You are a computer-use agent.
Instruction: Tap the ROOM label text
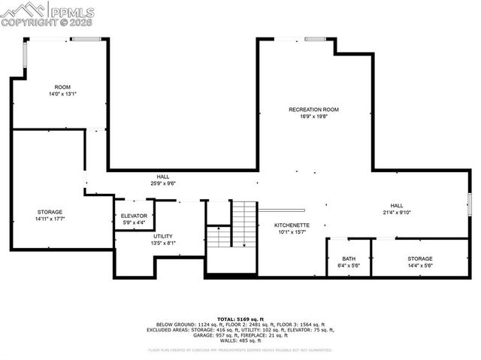tap(62, 87)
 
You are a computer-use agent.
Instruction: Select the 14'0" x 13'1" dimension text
tap(62, 94)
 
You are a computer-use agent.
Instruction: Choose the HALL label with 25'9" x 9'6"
tap(163, 177)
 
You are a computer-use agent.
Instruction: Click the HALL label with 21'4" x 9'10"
tap(396, 205)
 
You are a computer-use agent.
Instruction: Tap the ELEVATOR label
tap(134, 216)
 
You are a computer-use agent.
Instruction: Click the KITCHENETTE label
tap(292, 225)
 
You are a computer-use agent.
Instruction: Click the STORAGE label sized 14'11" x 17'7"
tap(50, 212)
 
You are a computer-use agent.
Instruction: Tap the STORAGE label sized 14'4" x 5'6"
tap(420, 259)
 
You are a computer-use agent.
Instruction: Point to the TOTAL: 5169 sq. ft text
tap(240, 319)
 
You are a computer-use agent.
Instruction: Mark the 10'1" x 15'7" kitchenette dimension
tap(292, 231)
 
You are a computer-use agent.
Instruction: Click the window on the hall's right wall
tap(469, 204)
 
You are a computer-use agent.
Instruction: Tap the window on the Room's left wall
tap(25, 55)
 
